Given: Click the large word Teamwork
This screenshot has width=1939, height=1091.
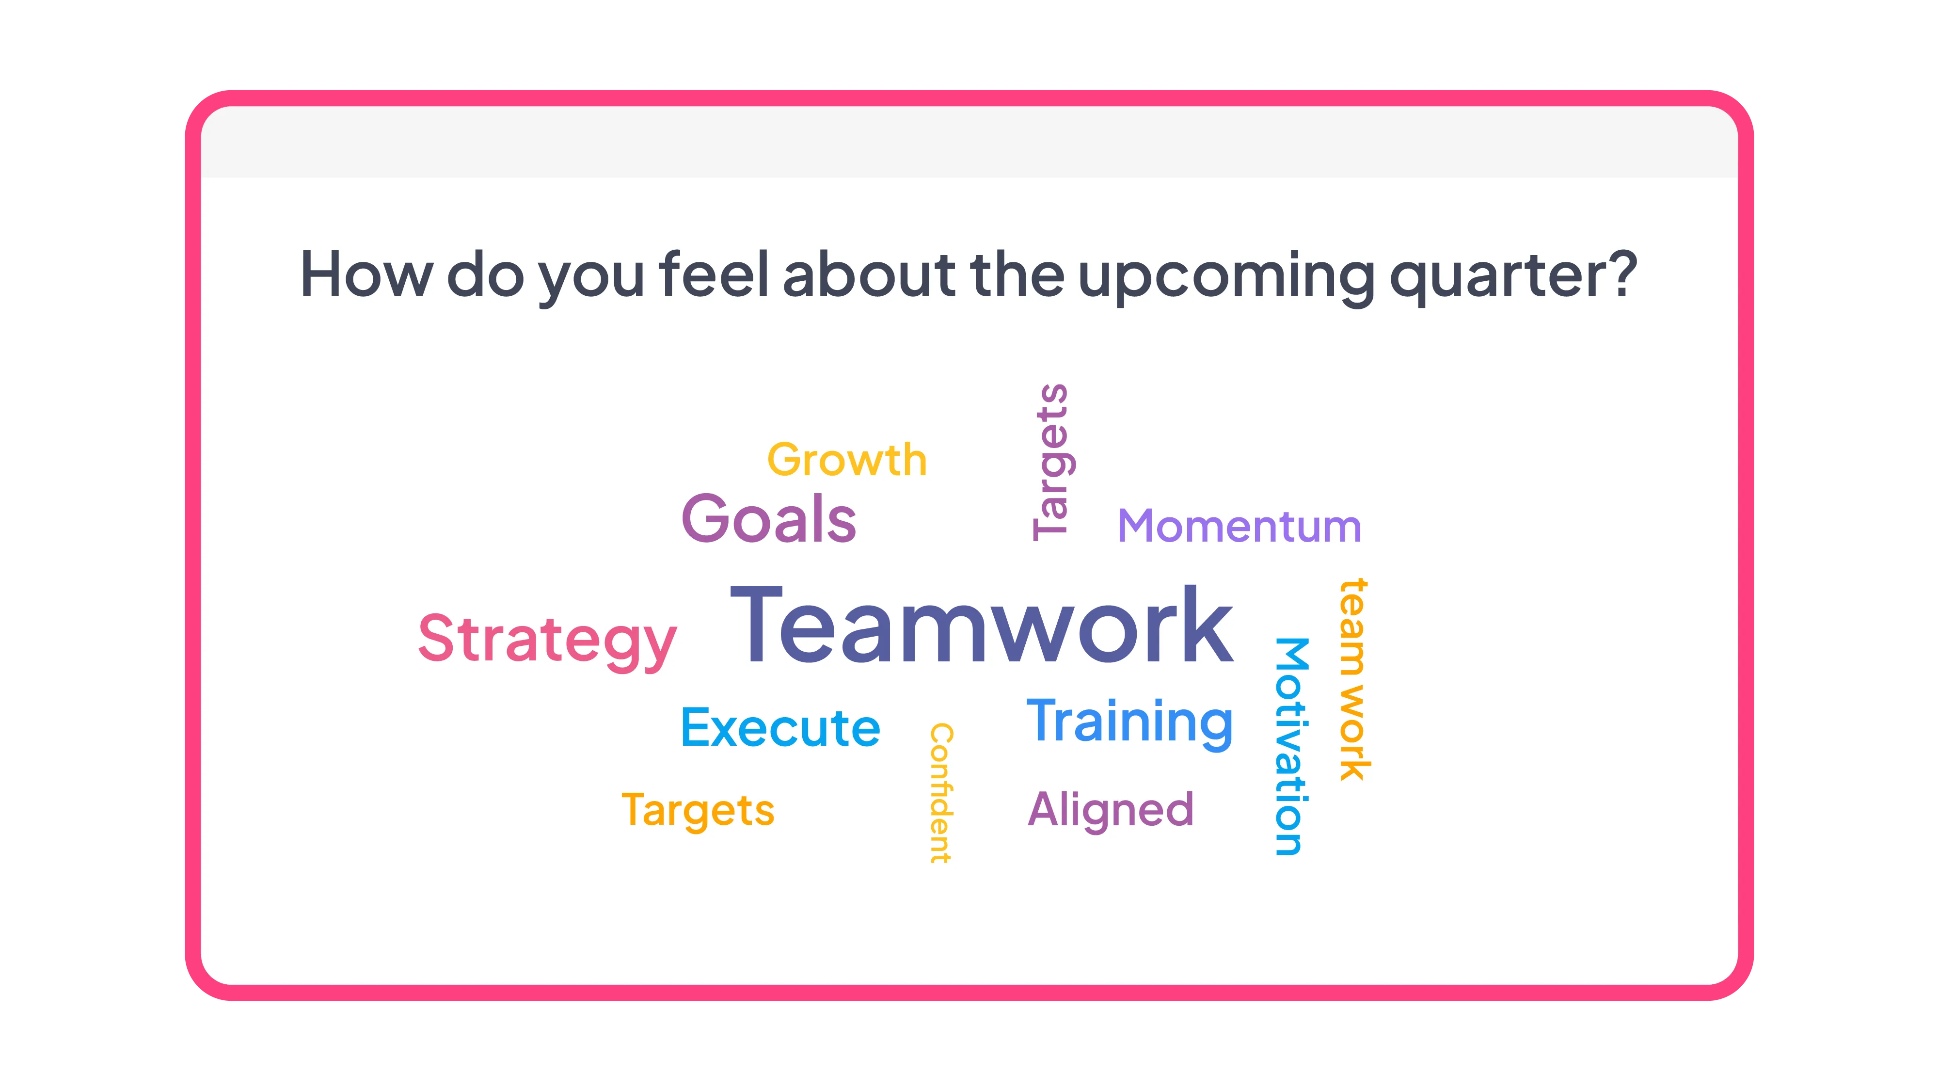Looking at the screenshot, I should pyautogui.click(x=982, y=625).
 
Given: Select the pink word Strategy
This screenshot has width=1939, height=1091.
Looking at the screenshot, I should pyautogui.click(x=547, y=639).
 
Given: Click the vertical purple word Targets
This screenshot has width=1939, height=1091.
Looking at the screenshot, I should pyautogui.click(x=1051, y=462).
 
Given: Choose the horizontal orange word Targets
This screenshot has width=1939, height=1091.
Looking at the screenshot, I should pyautogui.click(x=698, y=810).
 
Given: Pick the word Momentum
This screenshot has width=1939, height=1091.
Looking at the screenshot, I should pyautogui.click(x=1239, y=526).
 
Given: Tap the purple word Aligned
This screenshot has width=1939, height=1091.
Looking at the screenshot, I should pyautogui.click(x=1110, y=809).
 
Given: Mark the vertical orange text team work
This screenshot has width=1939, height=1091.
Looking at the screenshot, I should pyautogui.click(x=1352, y=679).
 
